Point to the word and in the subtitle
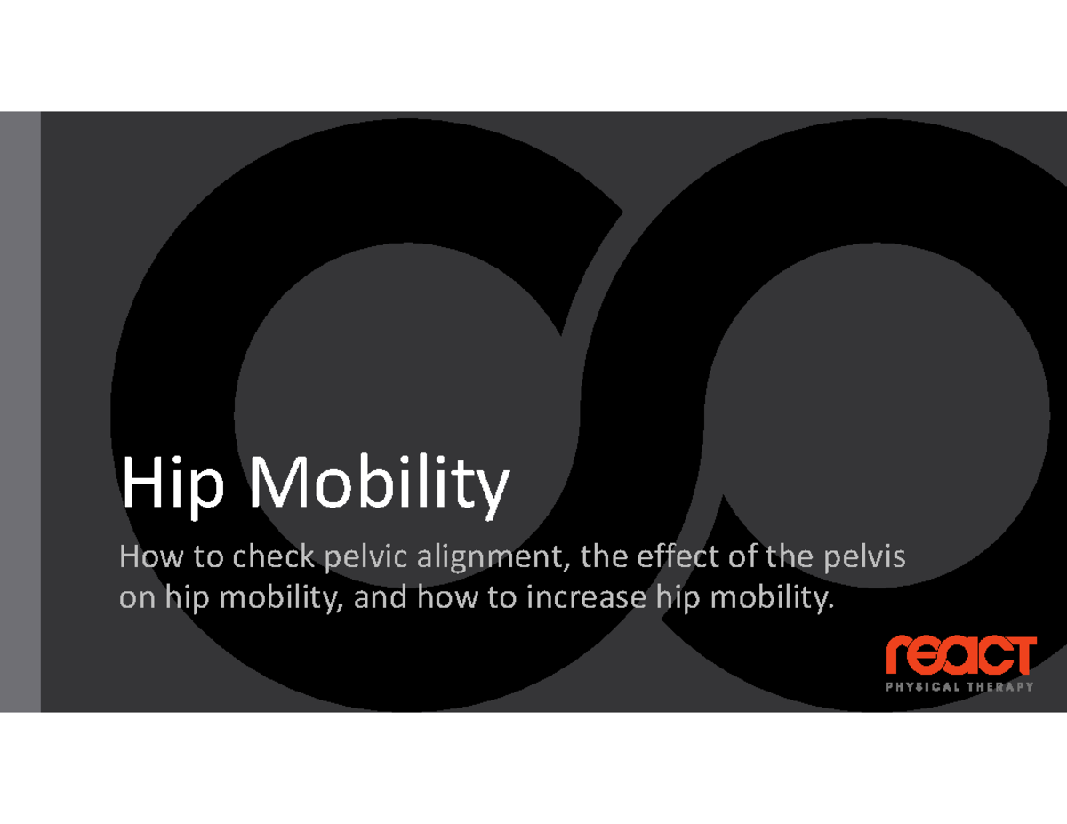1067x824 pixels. pos(380,598)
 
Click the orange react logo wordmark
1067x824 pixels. pos(960,657)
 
